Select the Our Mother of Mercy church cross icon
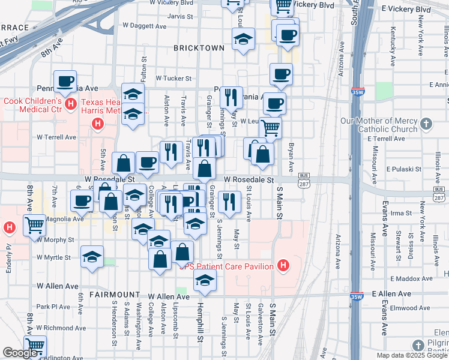coord(426,124)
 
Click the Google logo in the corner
coord(20,353)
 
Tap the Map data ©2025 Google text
coord(412,355)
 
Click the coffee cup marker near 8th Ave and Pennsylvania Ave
coord(65,81)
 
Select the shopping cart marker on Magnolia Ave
coord(34,226)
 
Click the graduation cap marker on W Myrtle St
coord(91,257)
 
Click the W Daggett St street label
coord(143,25)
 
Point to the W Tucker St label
coord(173,78)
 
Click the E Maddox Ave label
coord(412,278)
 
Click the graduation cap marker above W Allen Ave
coord(205,281)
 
